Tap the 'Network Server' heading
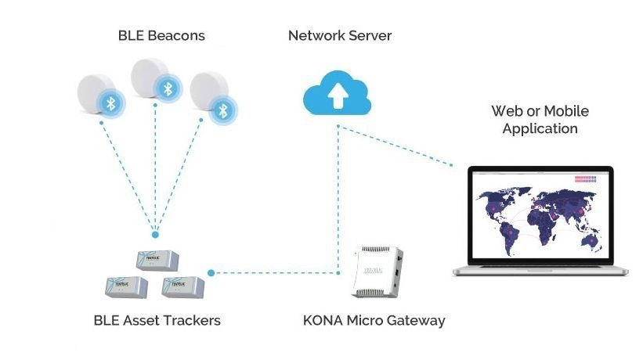pyautogui.click(x=339, y=35)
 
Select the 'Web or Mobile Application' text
pyautogui.click(x=540, y=120)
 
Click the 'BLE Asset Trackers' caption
pyautogui.click(x=157, y=320)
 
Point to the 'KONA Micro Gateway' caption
pyautogui.click(x=374, y=320)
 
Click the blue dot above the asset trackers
pyautogui.click(x=155, y=234)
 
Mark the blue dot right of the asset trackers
pyautogui.click(x=211, y=273)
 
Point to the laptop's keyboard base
pyautogui.click(x=540, y=270)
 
